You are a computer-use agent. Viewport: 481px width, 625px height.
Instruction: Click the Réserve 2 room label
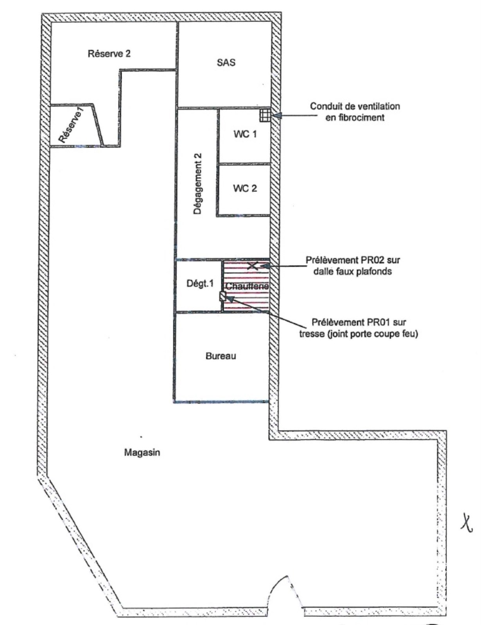point(109,54)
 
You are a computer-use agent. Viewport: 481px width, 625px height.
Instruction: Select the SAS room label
point(226,62)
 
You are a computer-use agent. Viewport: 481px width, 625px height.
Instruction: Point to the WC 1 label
point(245,134)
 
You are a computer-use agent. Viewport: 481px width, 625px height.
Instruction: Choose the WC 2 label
point(245,188)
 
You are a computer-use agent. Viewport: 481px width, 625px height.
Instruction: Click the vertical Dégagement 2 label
point(197,184)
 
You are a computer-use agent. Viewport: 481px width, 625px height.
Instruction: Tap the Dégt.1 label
point(200,284)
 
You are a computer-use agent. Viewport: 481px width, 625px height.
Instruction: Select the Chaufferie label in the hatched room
point(247,286)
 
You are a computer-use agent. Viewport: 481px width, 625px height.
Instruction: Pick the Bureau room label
point(221,356)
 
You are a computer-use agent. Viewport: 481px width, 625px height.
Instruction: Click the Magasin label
point(142,452)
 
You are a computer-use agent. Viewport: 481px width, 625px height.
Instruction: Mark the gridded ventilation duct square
point(265,115)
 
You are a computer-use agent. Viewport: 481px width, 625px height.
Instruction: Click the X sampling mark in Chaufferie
point(253,266)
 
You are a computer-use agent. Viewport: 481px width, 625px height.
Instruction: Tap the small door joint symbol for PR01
point(223,296)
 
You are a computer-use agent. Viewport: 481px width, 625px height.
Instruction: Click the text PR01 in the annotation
point(377,322)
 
